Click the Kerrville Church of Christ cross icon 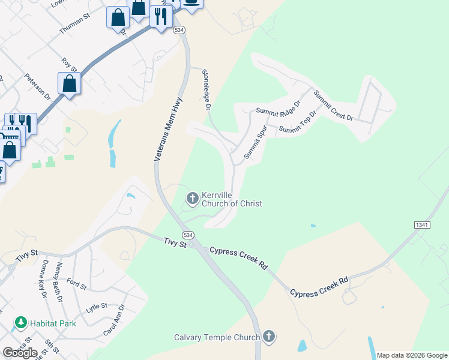[193, 197]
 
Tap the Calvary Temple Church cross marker [268, 337]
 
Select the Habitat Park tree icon [21, 323]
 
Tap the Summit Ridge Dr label [277, 110]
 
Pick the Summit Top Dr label [297, 122]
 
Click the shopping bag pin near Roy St [70, 84]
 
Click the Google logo [20, 353]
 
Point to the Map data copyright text [411, 355]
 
